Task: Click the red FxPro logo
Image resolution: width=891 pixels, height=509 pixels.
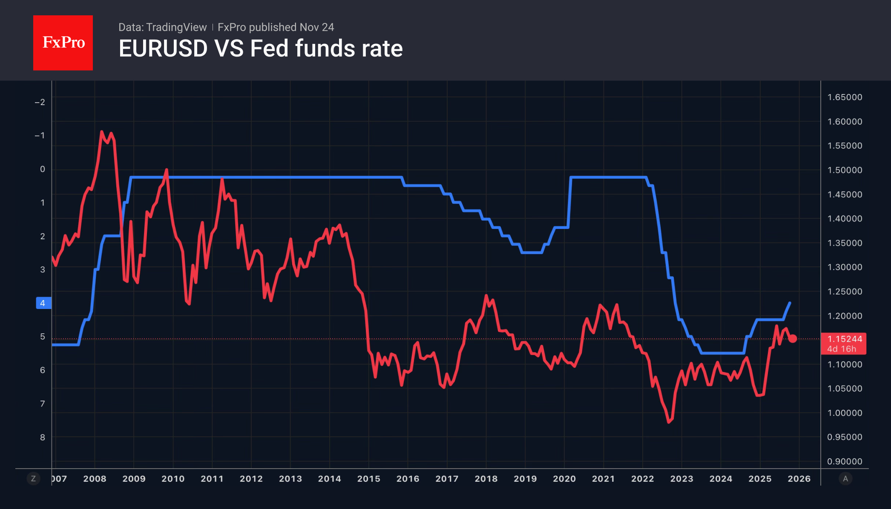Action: point(63,43)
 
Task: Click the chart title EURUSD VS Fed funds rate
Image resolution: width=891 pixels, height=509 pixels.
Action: point(261,48)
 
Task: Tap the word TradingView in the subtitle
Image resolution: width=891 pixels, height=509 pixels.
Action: point(176,27)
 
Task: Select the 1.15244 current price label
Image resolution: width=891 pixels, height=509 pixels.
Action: point(844,339)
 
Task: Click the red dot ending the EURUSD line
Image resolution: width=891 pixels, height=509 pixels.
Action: point(792,339)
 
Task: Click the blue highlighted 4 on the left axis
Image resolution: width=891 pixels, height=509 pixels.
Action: point(43,303)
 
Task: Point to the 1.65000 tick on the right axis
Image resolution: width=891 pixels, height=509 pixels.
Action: point(844,97)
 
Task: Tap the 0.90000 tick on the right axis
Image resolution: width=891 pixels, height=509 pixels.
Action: point(844,461)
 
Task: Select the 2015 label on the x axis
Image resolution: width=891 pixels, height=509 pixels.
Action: point(368,479)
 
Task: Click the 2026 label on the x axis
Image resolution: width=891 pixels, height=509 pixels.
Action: point(799,479)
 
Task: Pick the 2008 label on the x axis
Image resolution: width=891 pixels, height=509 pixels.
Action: point(95,479)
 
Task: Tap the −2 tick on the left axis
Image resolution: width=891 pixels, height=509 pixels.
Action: point(40,102)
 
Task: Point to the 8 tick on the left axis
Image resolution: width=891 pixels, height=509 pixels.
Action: point(43,437)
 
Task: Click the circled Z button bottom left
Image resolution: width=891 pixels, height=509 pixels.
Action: point(33,479)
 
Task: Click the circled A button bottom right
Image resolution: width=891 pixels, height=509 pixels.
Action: point(845,479)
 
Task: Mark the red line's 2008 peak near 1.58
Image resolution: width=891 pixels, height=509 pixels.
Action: point(101,132)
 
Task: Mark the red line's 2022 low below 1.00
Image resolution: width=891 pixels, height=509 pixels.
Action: point(669,422)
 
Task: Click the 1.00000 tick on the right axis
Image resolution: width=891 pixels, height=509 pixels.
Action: point(844,413)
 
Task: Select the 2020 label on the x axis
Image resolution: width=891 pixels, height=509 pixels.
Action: point(564,479)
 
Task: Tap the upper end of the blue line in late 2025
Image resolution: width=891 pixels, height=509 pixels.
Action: point(790,303)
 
